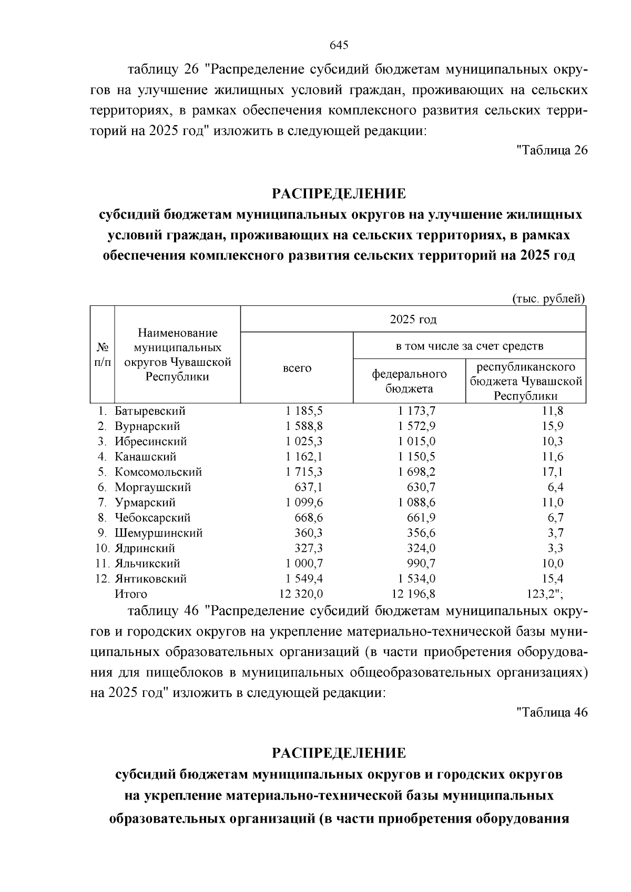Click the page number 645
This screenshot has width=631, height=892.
pyautogui.click(x=339, y=45)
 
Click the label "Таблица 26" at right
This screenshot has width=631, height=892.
pyautogui.click(x=552, y=150)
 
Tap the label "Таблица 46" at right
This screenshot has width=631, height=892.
pyautogui.click(x=552, y=713)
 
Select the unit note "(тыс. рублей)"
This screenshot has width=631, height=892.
pyautogui.click(x=548, y=299)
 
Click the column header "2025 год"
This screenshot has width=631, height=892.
pyautogui.click(x=413, y=320)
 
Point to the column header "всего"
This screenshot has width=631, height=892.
pyautogui.click(x=297, y=368)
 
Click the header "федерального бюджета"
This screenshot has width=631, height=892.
pyautogui.click(x=409, y=381)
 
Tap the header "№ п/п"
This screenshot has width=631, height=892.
pyautogui.click(x=103, y=355)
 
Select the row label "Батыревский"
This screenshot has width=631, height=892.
pyautogui.click(x=150, y=411)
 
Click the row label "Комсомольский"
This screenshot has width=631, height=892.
pyautogui.click(x=158, y=472)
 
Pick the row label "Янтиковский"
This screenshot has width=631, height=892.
pyautogui.click(x=151, y=579)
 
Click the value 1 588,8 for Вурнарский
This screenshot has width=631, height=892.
pyautogui.click(x=304, y=426)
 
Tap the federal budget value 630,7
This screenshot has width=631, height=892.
pyautogui.click(x=421, y=487)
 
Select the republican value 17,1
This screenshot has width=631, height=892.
pyautogui.click(x=553, y=472)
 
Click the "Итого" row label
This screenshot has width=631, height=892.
pyautogui.click(x=131, y=594)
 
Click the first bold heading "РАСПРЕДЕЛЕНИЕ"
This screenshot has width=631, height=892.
pyautogui.click(x=339, y=194)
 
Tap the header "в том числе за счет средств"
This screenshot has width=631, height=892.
pyautogui.click(x=469, y=346)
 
